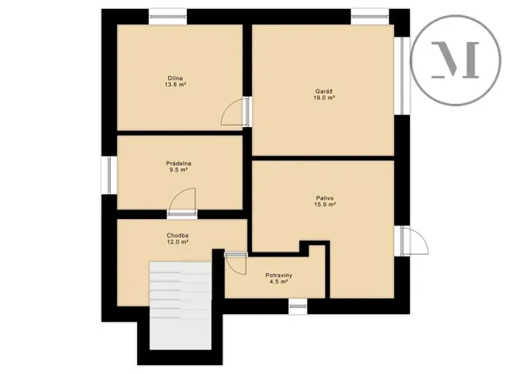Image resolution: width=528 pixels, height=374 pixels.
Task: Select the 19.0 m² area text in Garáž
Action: pyautogui.click(x=325, y=97)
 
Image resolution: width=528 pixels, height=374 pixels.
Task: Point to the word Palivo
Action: pyautogui.click(x=324, y=197)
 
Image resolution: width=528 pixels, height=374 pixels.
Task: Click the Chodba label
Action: pyautogui.click(x=177, y=235)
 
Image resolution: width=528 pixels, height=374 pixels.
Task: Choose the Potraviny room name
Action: pyautogui.click(x=279, y=275)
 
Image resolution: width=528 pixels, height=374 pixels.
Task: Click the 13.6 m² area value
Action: pyautogui.click(x=175, y=85)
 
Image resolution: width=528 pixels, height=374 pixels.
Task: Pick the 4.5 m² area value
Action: pyautogui.click(x=279, y=282)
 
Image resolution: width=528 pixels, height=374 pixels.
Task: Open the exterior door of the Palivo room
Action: pyautogui.click(x=415, y=239)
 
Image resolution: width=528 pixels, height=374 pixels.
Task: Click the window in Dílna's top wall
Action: pyautogui.click(x=167, y=14)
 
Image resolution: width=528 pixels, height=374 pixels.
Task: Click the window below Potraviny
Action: pyautogui.click(x=297, y=305)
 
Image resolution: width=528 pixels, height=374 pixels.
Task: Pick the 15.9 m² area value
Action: pyautogui.click(x=324, y=205)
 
